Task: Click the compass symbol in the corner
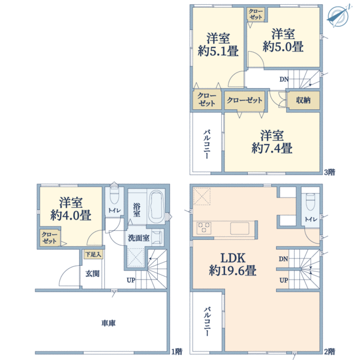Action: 339,16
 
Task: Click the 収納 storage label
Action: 303,100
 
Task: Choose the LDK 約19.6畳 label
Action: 233,264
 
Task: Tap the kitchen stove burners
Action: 204,227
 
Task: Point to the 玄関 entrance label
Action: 92,274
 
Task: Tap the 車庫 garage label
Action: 109,323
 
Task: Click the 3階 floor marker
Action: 330,172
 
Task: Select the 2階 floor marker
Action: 330,351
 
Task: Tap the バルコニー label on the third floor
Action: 206,143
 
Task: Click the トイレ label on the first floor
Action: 113,211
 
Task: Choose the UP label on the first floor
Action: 130,280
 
